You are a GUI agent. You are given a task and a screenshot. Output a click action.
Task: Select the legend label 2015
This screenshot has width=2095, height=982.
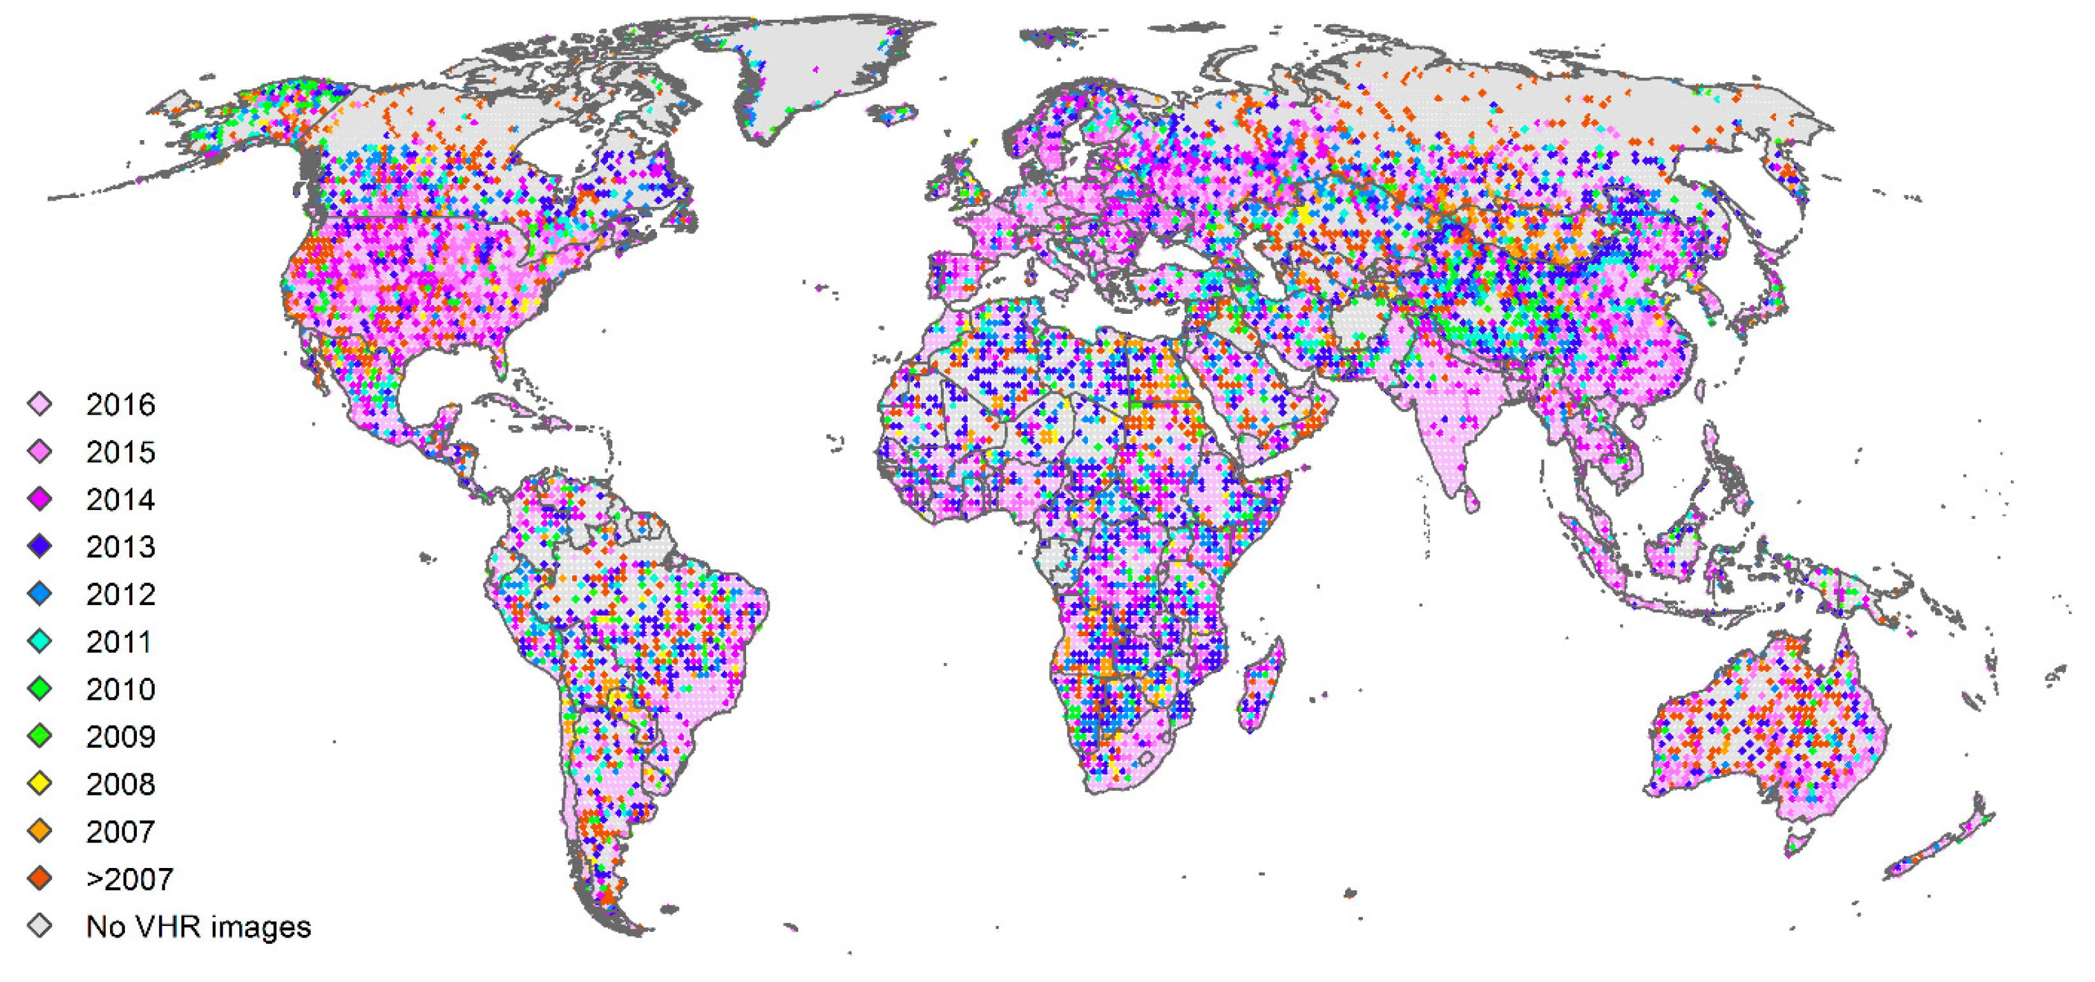tap(120, 452)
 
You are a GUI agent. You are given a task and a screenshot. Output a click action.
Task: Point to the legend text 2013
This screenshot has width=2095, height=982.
tap(120, 547)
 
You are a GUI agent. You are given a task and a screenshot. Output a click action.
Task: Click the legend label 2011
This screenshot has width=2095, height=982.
tap(119, 642)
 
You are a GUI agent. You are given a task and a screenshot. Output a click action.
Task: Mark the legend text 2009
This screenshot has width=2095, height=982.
tap(120, 737)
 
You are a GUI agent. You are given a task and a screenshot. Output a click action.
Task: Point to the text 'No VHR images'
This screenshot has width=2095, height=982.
tap(199, 927)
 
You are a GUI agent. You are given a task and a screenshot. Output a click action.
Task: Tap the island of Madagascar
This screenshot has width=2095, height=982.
tap(1260, 688)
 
